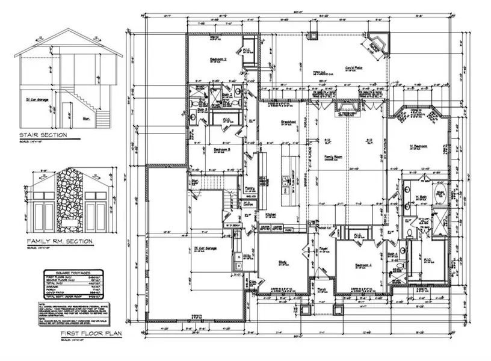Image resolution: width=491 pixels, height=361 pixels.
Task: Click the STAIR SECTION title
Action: point(42,135)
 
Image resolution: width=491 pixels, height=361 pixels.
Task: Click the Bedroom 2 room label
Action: point(218,60)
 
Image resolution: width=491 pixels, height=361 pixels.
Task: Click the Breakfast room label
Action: point(276,122)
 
